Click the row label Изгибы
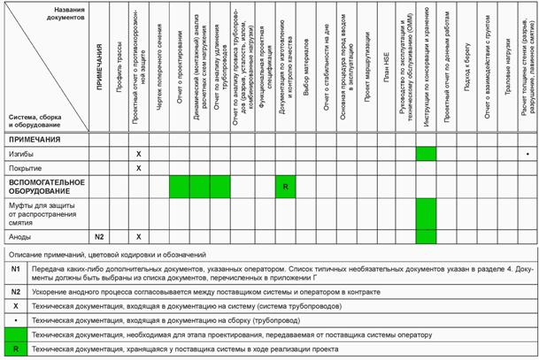[22, 154]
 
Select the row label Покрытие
[25, 167]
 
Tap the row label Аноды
[21, 236]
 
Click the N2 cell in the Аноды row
[100, 236]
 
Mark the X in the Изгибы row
[138, 154]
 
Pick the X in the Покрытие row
[138, 167]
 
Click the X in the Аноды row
[138, 236]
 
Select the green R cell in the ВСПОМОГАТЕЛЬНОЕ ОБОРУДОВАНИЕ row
[286, 188]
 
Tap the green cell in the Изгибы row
[426, 154]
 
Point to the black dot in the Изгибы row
[526, 154]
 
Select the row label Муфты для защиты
[44, 211]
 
